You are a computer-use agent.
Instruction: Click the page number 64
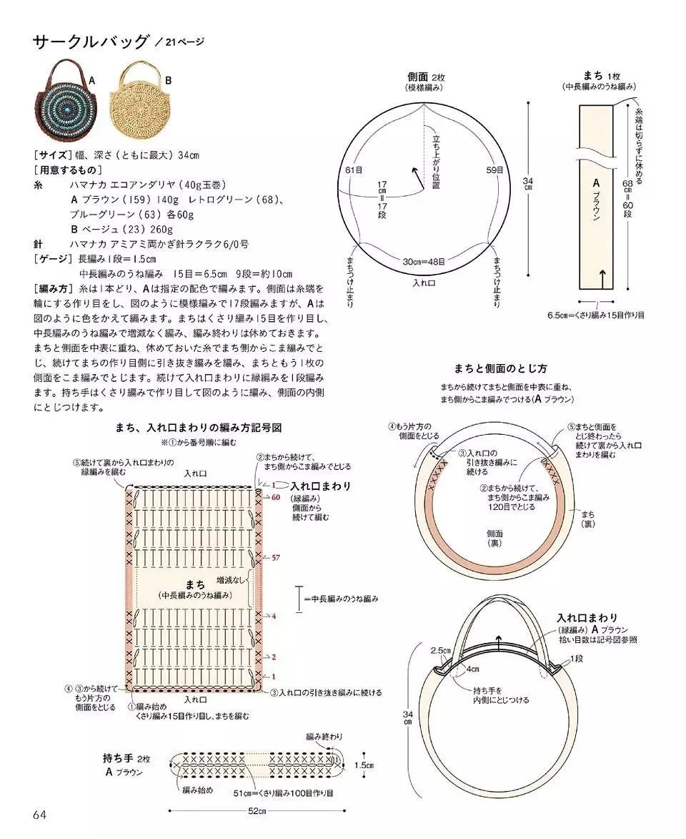39,815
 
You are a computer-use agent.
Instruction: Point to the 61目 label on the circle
354,170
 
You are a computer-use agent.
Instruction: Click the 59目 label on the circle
494,170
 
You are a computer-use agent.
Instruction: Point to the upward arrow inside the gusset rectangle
602,278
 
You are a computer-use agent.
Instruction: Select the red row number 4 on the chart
274,615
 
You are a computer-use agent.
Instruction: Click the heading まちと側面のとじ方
500,369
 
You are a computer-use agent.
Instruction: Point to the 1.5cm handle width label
363,765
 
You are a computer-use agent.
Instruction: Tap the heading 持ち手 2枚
126,758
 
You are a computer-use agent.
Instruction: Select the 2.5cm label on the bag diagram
440,651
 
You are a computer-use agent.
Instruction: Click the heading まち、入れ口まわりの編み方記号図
199,428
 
